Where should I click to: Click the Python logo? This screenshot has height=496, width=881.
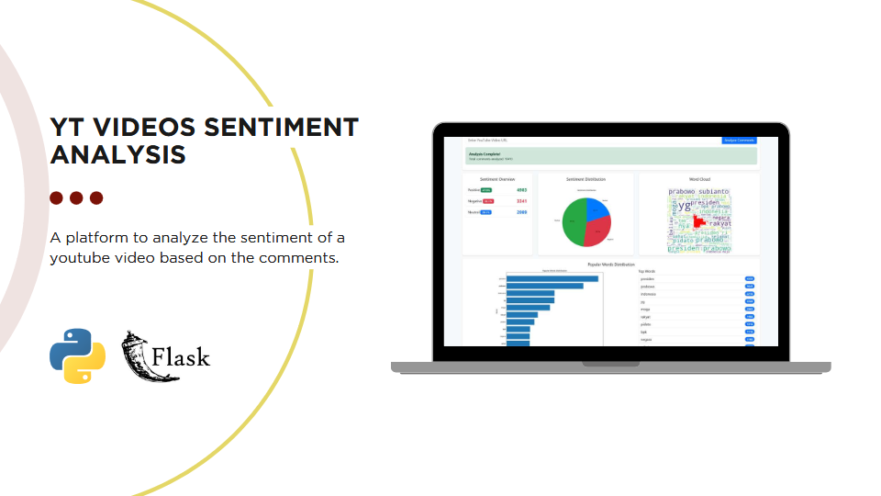78,355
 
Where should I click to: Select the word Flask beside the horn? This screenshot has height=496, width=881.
182,356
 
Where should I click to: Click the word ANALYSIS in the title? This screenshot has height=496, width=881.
117,153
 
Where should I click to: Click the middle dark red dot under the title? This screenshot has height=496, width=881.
76,197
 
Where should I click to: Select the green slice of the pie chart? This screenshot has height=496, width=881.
574,223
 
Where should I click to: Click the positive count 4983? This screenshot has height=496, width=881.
521,189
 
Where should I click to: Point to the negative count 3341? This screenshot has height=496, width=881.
521,201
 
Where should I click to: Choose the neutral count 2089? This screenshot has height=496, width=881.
521,212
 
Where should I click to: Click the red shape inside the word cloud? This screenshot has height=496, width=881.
699,222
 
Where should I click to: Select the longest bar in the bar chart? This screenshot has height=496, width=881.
552,278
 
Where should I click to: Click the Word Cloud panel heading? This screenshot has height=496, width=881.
699,179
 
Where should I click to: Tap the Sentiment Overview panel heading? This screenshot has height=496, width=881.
497,179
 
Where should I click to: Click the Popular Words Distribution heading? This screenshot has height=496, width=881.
610,264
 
